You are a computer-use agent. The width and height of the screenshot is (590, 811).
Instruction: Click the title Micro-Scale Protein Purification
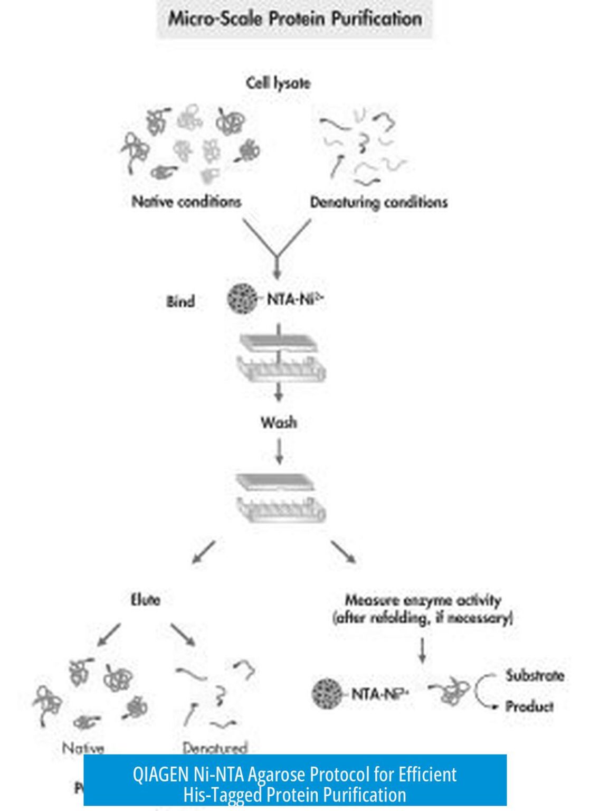pyautogui.click(x=294, y=20)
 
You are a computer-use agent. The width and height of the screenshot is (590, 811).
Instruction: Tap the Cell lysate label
pyautogui.click(x=278, y=83)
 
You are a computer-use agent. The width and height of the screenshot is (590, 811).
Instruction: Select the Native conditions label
pyautogui.click(x=186, y=202)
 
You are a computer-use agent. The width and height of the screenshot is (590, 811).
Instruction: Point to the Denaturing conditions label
pyautogui.click(x=378, y=202)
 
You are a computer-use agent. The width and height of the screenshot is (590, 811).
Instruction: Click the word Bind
pyautogui.click(x=180, y=301)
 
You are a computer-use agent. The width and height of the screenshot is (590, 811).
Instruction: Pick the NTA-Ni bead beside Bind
pyautogui.click(x=243, y=299)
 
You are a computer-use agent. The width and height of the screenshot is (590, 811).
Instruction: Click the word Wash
pyautogui.click(x=279, y=422)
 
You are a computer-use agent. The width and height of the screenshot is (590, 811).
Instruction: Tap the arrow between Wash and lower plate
pyautogui.click(x=279, y=451)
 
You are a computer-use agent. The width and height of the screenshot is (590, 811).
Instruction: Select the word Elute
pyautogui.click(x=145, y=600)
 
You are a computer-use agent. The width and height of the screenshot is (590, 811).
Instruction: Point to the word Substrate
pyautogui.click(x=535, y=675)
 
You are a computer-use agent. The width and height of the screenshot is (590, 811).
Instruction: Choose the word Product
pyautogui.click(x=529, y=706)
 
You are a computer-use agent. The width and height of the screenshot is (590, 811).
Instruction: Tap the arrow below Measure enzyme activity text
pyautogui.click(x=422, y=650)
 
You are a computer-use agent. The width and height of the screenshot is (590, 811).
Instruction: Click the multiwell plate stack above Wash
pyautogui.click(x=280, y=357)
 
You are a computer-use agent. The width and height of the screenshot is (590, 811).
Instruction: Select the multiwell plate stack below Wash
pyautogui.click(x=280, y=497)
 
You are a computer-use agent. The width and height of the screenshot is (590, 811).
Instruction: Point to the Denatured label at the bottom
pyautogui.click(x=215, y=748)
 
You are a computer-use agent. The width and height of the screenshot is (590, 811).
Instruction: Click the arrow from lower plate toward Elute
pyautogui.click(x=204, y=552)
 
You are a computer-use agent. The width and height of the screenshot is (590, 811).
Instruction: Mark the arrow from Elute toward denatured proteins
pyautogui.click(x=183, y=635)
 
